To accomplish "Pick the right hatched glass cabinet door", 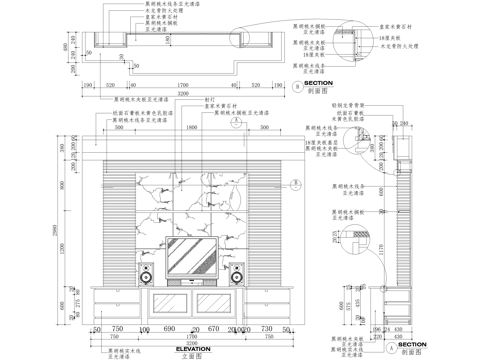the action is pos(216,302).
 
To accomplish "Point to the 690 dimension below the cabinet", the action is pos(169,328).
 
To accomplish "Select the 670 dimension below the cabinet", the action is pos(213,328).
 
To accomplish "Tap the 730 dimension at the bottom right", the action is pos(266,328).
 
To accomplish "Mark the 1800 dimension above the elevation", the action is pos(191,129).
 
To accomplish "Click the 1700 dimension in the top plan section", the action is pos(180,85).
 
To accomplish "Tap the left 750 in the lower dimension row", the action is pos(116,328).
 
